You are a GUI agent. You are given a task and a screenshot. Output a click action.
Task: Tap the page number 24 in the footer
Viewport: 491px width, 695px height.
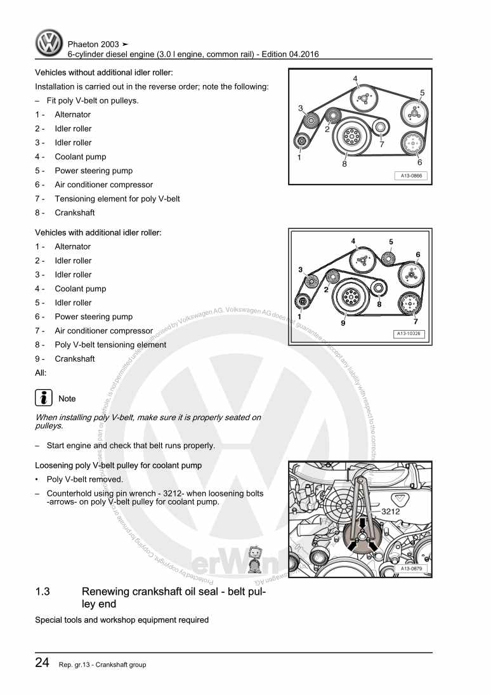[x=43, y=663]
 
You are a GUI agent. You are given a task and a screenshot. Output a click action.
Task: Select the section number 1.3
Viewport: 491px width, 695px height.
[x=43, y=592]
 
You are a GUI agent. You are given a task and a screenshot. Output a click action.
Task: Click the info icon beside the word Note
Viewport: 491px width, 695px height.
[x=44, y=398]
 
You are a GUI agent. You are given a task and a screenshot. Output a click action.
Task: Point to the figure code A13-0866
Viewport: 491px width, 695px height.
[x=410, y=176]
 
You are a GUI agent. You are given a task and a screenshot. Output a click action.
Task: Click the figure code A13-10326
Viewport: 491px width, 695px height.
[x=409, y=333]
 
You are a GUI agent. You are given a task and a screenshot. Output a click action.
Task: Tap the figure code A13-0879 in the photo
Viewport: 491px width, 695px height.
[x=411, y=569]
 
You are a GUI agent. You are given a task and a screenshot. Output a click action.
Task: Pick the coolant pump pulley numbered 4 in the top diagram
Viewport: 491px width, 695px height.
[x=363, y=98]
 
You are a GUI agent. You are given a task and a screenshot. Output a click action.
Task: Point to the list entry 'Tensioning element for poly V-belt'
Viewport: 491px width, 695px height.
[x=117, y=199]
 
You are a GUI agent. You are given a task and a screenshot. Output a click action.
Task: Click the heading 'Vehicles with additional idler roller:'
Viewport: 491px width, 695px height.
[x=98, y=233]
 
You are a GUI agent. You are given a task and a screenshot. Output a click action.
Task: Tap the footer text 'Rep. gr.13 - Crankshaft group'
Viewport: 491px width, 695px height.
[x=102, y=665]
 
